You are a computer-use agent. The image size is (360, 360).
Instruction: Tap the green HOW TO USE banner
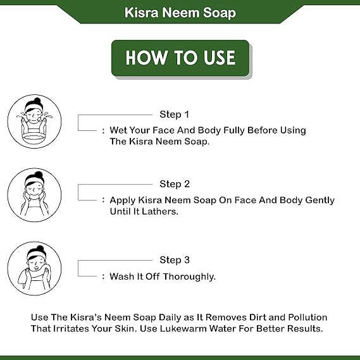click(x=180, y=58)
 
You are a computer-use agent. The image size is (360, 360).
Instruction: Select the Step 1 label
click(x=175, y=115)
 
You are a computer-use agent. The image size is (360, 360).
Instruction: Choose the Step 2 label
click(x=175, y=184)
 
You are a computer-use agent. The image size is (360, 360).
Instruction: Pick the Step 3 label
click(x=175, y=260)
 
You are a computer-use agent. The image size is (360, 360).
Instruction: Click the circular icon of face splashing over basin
click(x=34, y=121)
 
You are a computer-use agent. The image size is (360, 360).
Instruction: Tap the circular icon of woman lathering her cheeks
click(x=34, y=194)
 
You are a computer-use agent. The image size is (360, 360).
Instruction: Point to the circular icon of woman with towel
click(x=34, y=268)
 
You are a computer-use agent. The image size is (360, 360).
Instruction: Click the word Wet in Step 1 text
click(x=119, y=130)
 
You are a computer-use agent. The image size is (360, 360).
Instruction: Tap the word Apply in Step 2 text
click(x=123, y=200)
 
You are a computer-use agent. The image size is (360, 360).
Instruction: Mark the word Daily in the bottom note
click(x=171, y=317)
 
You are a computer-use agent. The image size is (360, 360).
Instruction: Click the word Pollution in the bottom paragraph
click(x=307, y=317)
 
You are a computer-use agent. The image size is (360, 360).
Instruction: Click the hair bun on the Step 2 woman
click(x=38, y=175)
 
